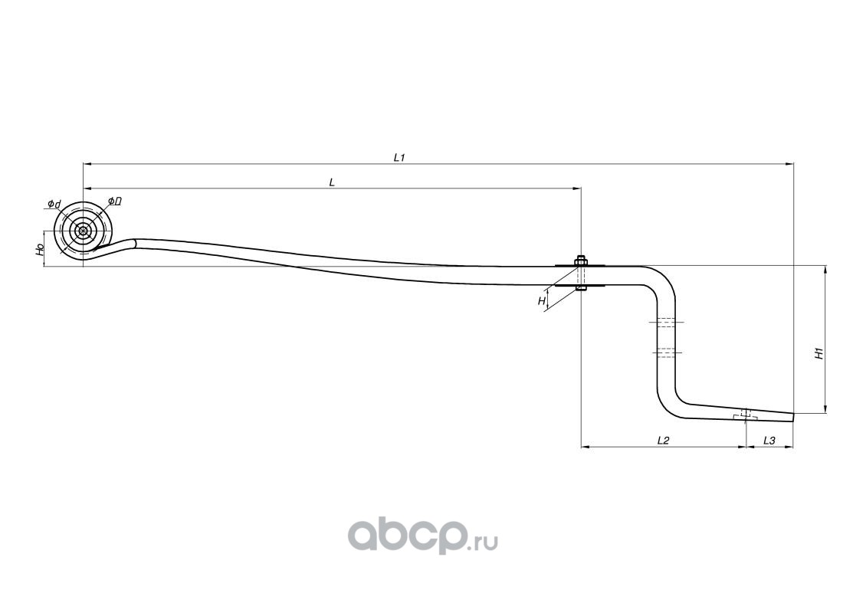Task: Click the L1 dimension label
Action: click(x=399, y=157)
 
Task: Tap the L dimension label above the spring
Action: click(x=331, y=182)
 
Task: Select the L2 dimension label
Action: click(x=664, y=440)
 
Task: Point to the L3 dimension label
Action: click(x=769, y=440)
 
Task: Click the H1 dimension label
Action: click(x=818, y=353)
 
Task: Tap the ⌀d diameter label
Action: click(x=54, y=204)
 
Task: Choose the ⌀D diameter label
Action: click(x=115, y=201)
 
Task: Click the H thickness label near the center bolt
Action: click(x=542, y=301)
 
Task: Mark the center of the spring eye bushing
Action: click(x=83, y=231)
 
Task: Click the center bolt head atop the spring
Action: click(x=580, y=259)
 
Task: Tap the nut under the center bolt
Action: click(x=580, y=289)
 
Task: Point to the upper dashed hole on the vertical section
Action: click(x=664, y=322)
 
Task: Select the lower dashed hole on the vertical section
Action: click(x=664, y=352)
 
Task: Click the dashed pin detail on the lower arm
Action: click(x=745, y=415)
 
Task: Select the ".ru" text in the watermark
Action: click(x=483, y=543)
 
